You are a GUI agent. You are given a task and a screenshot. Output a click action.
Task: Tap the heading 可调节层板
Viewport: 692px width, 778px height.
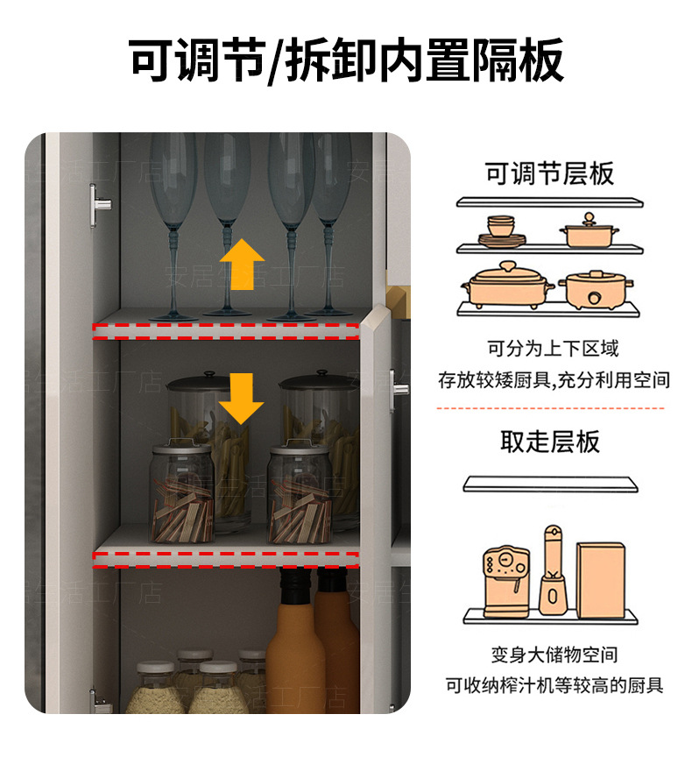(x=549, y=173)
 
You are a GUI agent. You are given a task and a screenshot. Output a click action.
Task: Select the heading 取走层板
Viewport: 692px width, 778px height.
(x=549, y=442)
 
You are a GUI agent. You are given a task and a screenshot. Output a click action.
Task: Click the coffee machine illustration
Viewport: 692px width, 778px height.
(x=506, y=579)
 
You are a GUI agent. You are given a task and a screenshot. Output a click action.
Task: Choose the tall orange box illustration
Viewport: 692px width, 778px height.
(x=600, y=577)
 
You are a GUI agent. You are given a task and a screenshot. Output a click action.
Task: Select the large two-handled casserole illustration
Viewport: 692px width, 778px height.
(x=507, y=286)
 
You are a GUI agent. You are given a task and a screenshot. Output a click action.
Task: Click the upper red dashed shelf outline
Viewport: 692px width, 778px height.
(x=226, y=331)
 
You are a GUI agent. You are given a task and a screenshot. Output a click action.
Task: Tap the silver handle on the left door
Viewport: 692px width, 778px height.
(x=100, y=206)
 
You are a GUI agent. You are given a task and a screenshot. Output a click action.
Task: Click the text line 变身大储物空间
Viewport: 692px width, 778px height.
(x=554, y=654)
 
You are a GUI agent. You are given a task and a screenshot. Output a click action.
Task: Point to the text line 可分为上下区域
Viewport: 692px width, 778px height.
(x=553, y=349)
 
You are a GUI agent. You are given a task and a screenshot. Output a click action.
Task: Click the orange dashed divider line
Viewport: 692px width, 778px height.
(x=549, y=408)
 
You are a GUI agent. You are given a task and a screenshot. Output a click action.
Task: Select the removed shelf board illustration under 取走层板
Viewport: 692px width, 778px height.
(x=550, y=484)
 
